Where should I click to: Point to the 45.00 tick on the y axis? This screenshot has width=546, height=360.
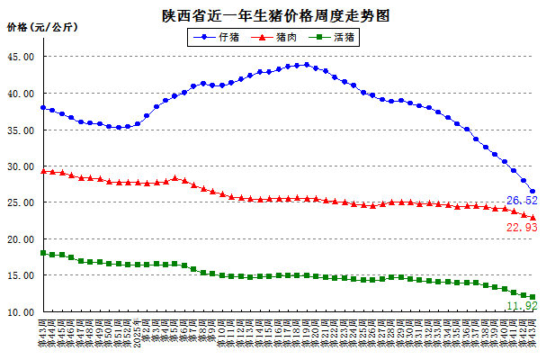(x=22, y=57)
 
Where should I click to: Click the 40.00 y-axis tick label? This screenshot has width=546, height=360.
(x=22, y=94)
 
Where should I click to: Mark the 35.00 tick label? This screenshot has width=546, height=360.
(x=22, y=130)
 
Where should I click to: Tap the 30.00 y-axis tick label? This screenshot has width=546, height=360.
(x=22, y=167)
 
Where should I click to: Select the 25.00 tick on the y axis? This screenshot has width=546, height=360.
(x=22, y=203)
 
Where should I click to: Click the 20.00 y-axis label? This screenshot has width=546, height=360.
(x=22, y=240)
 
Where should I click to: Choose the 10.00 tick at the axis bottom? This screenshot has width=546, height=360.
(x=22, y=313)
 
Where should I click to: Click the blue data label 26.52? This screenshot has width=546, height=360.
(x=522, y=200)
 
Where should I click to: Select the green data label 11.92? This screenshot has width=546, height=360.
(x=522, y=307)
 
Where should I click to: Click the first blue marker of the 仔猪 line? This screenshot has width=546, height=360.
(x=43, y=107)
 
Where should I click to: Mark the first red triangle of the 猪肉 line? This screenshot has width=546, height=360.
(x=43, y=171)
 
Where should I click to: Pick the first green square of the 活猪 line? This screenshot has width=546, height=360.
(x=43, y=253)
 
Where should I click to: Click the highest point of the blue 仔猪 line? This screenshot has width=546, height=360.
(x=307, y=64)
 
